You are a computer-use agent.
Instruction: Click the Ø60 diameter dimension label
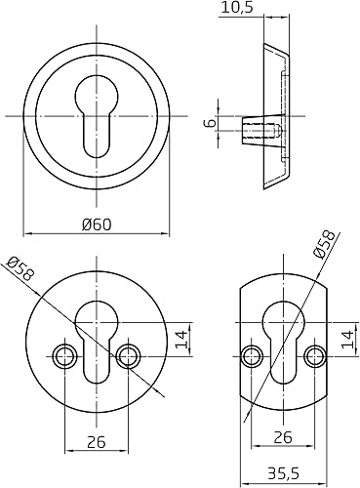point(97,224)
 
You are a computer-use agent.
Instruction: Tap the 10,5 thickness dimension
point(237,7)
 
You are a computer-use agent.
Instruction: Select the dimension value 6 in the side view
point(211,123)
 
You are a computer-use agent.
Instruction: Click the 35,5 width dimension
point(283,473)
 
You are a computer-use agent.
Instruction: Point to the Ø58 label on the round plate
point(20,269)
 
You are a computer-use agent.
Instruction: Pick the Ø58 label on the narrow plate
point(323,244)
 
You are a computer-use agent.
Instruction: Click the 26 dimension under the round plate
point(97,442)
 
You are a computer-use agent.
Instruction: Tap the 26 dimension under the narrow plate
point(283,437)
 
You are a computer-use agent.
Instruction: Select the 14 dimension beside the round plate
point(182,340)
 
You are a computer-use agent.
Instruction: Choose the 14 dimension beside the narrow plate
point(347,340)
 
